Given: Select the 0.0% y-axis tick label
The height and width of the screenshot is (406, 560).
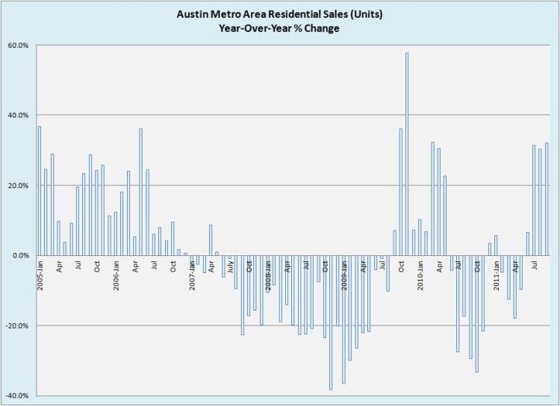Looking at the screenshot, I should click(x=20, y=255).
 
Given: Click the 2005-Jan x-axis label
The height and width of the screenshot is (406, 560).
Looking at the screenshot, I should click(x=40, y=274).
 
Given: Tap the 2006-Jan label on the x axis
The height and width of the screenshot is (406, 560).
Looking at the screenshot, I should click(x=116, y=274).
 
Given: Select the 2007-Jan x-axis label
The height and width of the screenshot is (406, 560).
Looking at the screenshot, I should click(x=192, y=274).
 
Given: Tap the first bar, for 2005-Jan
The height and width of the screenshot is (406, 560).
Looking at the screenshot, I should click(x=40, y=190).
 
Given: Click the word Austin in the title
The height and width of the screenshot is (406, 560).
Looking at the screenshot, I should click(x=193, y=13).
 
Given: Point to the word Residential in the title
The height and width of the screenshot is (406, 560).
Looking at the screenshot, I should click(x=290, y=13).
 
